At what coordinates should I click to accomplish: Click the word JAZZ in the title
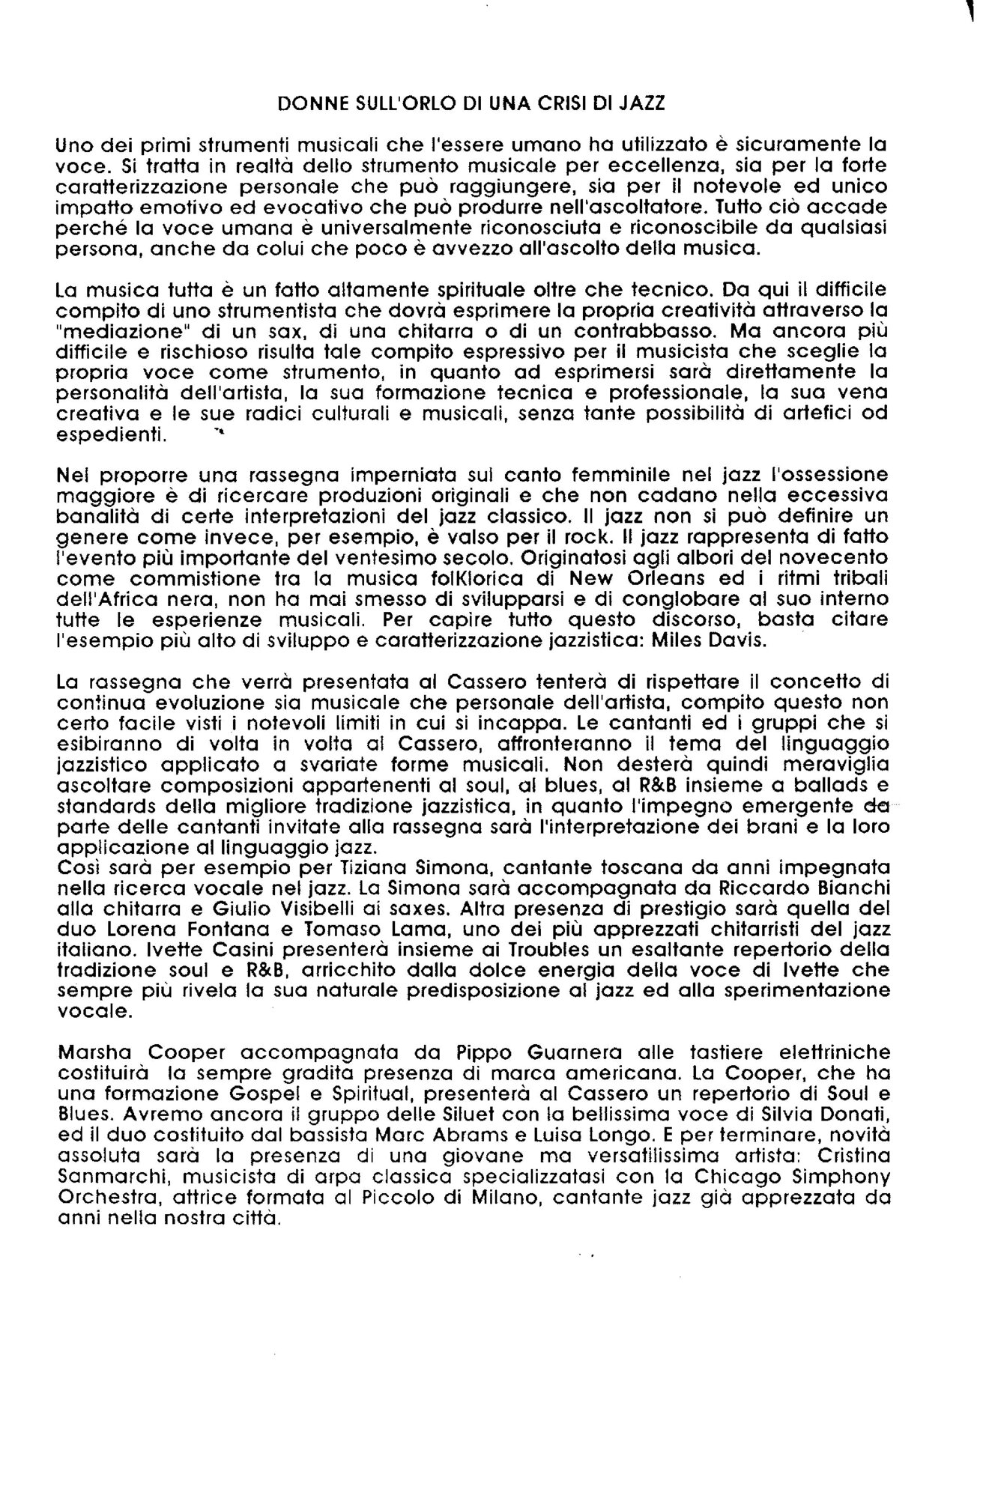(643, 105)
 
